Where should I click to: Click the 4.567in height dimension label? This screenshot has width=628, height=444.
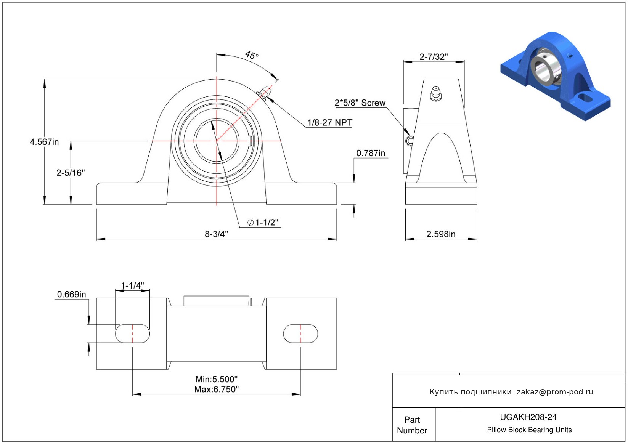tap(44, 142)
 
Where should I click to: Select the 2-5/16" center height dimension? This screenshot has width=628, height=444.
tap(71, 173)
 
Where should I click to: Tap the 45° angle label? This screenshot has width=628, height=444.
tap(252, 55)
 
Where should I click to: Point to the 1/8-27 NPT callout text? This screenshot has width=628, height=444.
tap(330, 122)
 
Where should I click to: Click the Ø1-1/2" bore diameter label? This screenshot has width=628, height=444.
tap(263, 222)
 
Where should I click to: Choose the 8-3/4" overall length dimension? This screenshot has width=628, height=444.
tap(217, 234)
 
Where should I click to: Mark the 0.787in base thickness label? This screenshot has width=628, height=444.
tap(371, 153)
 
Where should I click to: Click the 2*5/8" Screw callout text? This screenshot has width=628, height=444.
tap(360, 103)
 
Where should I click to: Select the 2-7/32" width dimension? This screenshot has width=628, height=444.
tap(434, 57)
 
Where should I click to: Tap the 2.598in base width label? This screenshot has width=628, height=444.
tap(441, 234)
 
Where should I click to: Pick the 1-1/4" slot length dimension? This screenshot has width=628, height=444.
tap(132, 285)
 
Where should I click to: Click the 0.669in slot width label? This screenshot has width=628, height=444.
tap(71, 294)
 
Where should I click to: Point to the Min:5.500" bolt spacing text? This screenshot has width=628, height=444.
tap(217, 379)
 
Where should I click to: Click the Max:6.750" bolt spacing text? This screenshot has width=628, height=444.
tap(217, 390)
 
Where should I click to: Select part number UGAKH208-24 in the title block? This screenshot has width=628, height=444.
tap(528, 417)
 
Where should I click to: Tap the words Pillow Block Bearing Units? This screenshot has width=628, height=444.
tap(529, 430)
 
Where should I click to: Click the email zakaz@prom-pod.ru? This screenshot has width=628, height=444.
tap(555, 392)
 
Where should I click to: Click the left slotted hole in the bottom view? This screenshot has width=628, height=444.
tap(133, 333)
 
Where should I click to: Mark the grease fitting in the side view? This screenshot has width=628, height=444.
tap(436, 94)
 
